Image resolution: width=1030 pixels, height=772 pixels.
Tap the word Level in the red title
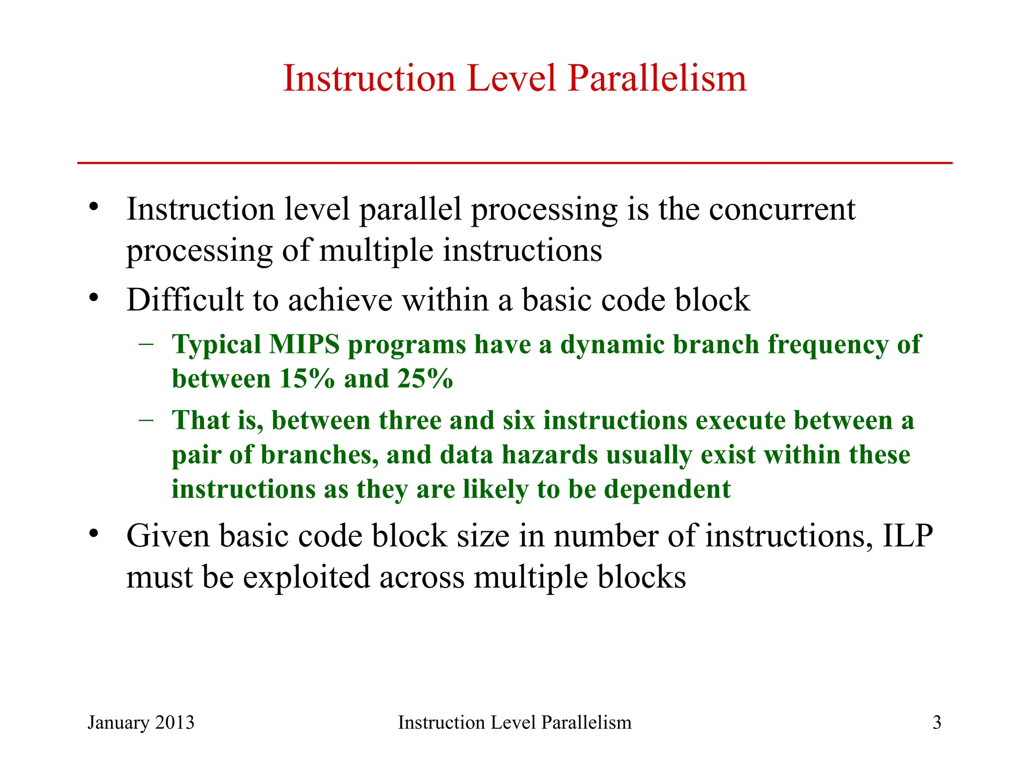511,79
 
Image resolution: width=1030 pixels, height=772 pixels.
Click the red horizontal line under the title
514,163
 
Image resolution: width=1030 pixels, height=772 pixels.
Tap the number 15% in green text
307,379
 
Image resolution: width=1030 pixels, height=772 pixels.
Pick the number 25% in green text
425,379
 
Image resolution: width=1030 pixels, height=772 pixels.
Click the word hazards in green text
550,455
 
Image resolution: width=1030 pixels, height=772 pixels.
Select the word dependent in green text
667,490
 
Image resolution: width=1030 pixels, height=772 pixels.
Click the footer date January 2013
141,723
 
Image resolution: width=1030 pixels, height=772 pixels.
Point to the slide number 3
936,723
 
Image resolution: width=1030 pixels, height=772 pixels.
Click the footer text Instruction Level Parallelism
514,723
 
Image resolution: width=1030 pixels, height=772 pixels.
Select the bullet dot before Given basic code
93,534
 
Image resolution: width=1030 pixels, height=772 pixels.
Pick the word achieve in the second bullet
340,301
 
